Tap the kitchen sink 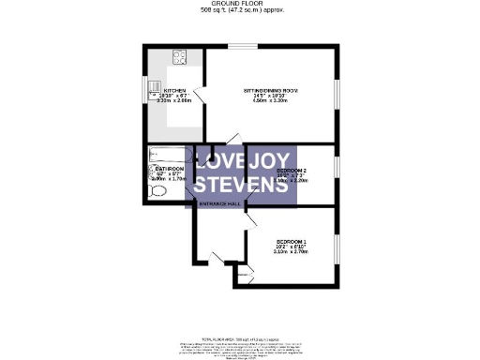click(157, 90)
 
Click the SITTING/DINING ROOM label click(271, 90)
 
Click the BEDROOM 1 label click(292, 239)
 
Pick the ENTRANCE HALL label click(219, 202)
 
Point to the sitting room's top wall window click(246, 46)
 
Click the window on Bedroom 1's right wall click(336, 247)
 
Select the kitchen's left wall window click(146, 92)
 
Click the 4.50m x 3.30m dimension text click(271, 103)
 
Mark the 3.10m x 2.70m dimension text click(292, 252)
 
